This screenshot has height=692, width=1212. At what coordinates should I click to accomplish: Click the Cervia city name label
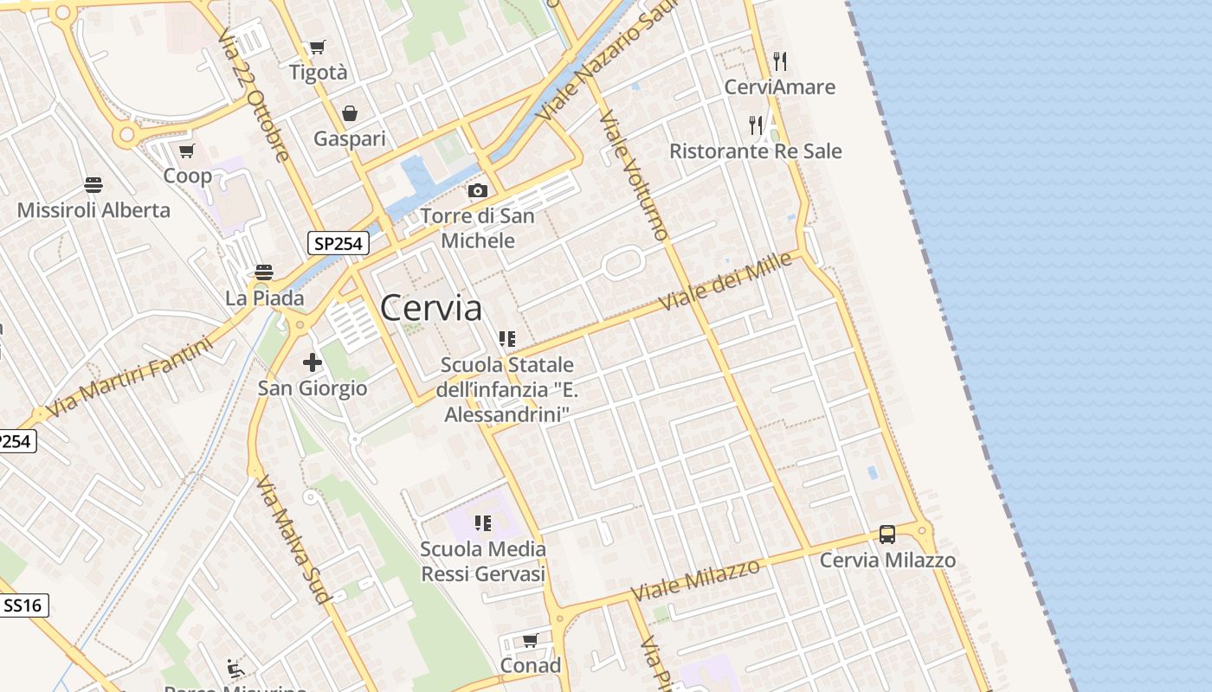click(x=430, y=308)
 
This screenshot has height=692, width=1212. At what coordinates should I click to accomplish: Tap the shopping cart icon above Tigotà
click(x=318, y=47)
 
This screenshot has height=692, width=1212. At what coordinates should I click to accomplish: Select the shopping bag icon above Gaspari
click(x=350, y=113)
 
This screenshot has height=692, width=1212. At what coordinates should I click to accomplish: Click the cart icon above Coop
click(x=187, y=151)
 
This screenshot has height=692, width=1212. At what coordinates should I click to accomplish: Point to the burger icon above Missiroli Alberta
click(x=93, y=184)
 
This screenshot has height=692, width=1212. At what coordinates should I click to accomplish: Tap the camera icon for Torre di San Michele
click(x=477, y=190)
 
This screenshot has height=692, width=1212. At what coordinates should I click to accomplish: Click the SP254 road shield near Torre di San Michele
click(x=338, y=244)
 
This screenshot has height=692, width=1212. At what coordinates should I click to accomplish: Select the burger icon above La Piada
click(x=264, y=272)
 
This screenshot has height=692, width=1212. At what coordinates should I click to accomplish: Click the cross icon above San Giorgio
click(x=313, y=362)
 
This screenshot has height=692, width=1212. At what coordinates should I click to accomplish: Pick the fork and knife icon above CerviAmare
click(x=780, y=61)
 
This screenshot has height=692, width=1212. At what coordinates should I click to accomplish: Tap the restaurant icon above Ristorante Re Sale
click(x=756, y=125)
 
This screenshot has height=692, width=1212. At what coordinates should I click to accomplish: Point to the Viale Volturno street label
click(x=634, y=176)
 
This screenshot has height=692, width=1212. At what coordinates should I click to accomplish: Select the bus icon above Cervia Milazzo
click(x=887, y=535)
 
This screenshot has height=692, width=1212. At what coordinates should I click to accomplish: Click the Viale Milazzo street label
click(x=696, y=580)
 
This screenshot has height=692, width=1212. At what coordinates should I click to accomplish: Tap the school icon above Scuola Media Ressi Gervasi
click(x=483, y=522)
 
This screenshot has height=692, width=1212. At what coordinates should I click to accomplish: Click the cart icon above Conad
click(x=530, y=640)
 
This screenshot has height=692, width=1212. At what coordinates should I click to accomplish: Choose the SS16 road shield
click(x=23, y=605)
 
